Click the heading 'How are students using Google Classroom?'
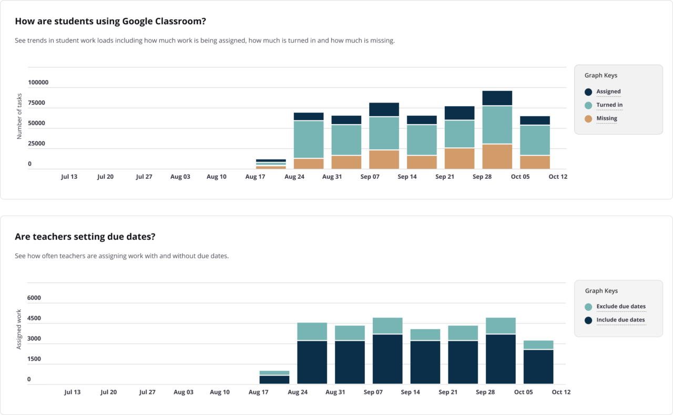(x=110, y=22)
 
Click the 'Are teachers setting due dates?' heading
(x=85, y=237)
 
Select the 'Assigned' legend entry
(x=608, y=92)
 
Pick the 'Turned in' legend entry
(x=609, y=105)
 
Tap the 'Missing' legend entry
(x=606, y=118)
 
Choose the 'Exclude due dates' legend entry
(x=620, y=307)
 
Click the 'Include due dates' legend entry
(x=620, y=320)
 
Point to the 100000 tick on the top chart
(x=38, y=83)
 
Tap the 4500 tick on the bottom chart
(x=34, y=318)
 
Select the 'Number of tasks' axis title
(x=19, y=116)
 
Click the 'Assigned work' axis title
(x=19, y=329)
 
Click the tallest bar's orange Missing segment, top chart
(x=497, y=156)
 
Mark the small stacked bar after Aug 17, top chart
(x=271, y=164)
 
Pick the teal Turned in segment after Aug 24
(x=309, y=139)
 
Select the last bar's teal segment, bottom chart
(x=538, y=345)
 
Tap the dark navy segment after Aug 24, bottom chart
(x=312, y=362)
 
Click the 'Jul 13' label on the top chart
(x=69, y=177)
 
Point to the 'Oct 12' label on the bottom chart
(x=560, y=392)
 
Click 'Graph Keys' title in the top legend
(x=601, y=76)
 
